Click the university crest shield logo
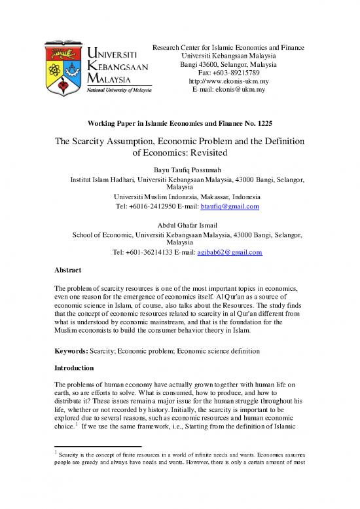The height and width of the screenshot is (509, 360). click(63, 66)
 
